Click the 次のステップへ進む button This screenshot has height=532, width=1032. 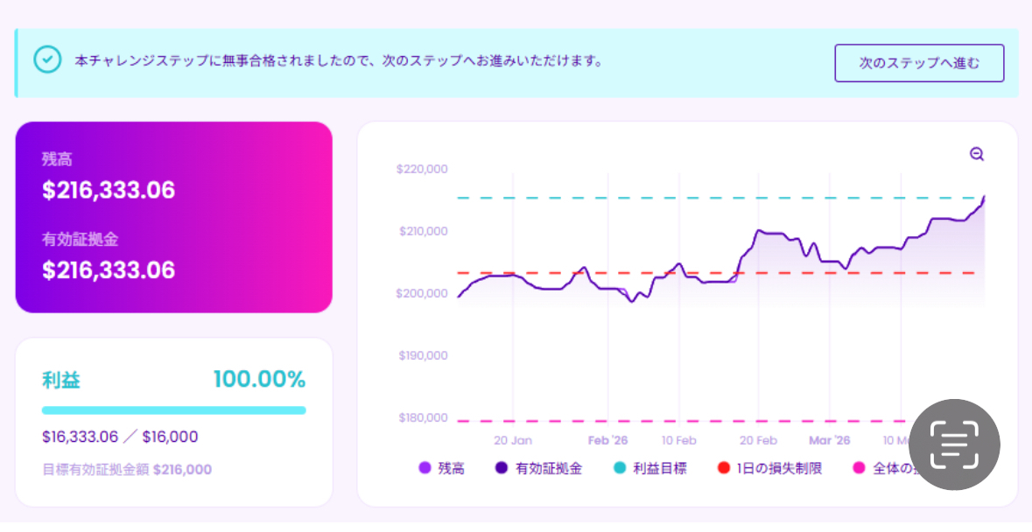point(919,63)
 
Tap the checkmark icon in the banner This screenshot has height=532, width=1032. point(47,59)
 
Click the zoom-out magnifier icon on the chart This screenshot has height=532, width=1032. point(977,155)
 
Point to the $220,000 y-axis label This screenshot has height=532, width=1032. point(422,169)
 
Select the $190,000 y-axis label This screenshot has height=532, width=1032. point(423,355)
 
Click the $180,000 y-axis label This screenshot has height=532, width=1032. point(423,417)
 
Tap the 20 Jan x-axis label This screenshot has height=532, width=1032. point(513,440)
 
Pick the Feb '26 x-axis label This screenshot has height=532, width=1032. point(607,440)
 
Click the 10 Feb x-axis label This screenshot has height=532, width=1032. point(679,440)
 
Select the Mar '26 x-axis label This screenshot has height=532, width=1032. point(829,440)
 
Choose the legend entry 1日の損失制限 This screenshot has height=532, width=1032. point(778,469)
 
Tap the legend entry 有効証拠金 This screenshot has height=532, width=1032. point(548,469)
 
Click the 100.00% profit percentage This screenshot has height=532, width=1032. point(259,380)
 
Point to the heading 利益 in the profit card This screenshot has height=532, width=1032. point(61,381)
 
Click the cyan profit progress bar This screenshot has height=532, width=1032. point(173,410)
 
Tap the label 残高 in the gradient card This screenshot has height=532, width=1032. point(57,159)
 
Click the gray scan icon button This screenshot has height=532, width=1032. point(954,445)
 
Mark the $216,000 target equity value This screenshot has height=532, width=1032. point(182,470)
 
